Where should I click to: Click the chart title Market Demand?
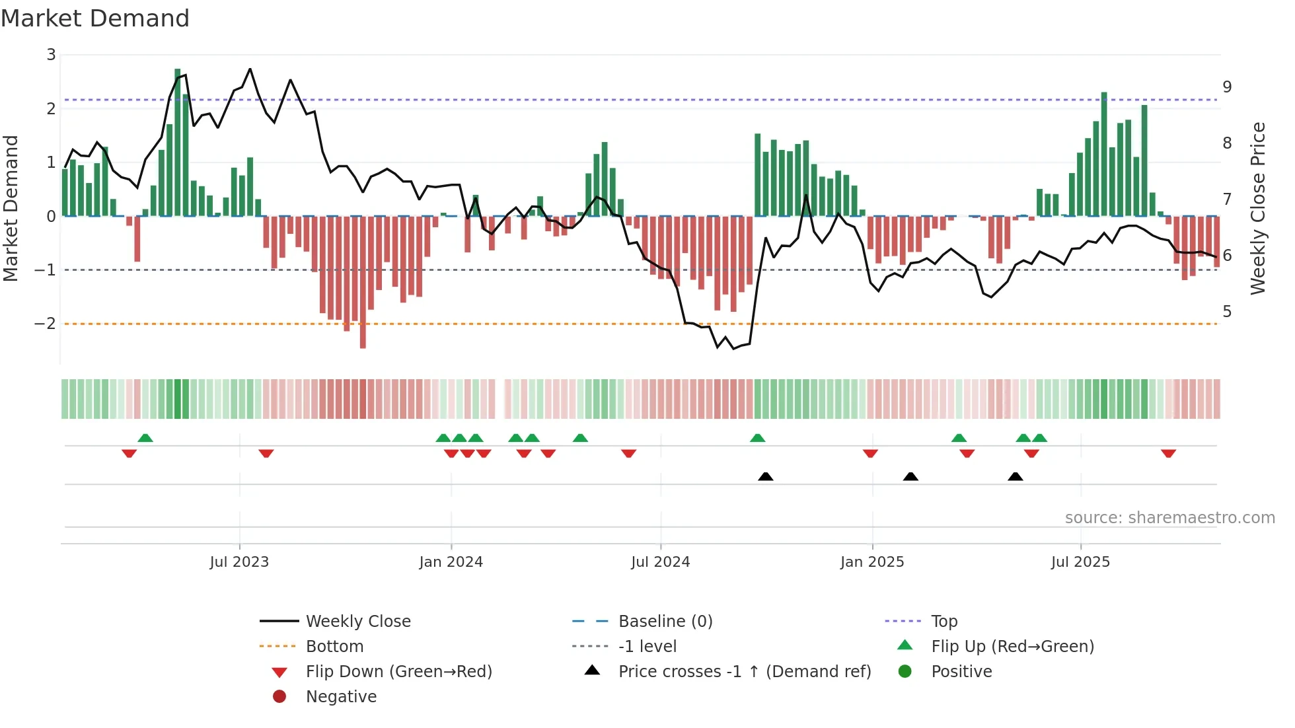coord(95,18)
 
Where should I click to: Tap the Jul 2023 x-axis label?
coord(239,562)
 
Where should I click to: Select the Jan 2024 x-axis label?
coord(451,562)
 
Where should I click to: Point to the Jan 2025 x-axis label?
coord(871,562)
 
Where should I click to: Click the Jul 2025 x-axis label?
coord(1080,562)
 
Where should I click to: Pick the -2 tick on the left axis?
coord(45,324)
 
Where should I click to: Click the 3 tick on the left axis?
coord(51,55)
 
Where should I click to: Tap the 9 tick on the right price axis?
coord(1227,87)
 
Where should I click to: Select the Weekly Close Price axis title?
coord(1258,208)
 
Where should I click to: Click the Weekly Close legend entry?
coord(357,622)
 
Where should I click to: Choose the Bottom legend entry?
coord(334,647)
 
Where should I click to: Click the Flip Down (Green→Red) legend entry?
coord(398,672)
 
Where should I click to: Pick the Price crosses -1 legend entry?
coord(744,672)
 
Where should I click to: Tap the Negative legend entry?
coord(341,697)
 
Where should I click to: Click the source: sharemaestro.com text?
coord(1169,518)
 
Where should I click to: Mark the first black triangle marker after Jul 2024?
coord(765,477)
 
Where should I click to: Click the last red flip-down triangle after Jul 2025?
coord(1168,453)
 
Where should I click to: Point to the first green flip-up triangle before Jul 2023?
coord(145,438)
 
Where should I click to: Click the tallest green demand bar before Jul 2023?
coord(178,142)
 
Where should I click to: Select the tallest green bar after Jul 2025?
coord(1104,154)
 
